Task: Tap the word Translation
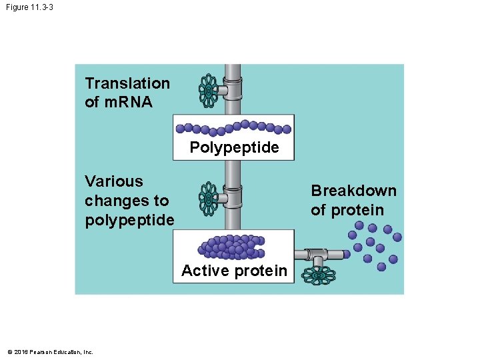[x=127, y=83]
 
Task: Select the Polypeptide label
[x=234, y=148]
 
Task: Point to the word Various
[x=113, y=181]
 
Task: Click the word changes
[x=117, y=201]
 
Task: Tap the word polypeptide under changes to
[x=129, y=220]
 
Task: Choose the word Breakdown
[x=353, y=191]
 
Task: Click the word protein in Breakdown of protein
[x=358, y=210]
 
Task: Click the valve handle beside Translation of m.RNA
[x=209, y=90]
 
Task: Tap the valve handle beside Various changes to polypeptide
[x=209, y=198]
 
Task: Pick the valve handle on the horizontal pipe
[x=319, y=274]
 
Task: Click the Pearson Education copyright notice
[x=50, y=352]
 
